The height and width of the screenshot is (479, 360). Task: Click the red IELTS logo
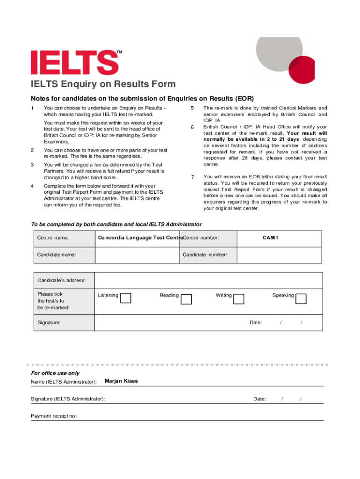pyautogui.click(x=74, y=62)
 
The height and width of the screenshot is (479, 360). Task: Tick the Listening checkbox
pyautogui.click(x=126, y=298)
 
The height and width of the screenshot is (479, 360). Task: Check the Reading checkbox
pyautogui.click(x=186, y=298)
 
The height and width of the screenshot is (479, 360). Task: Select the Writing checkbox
pyautogui.click(x=238, y=298)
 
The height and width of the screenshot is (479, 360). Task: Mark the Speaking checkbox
pyautogui.click(x=301, y=298)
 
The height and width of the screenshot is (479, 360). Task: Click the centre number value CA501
pyautogui.click(x=271, y=238)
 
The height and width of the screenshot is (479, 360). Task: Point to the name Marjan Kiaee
pyautogui.click(x=122, y=381)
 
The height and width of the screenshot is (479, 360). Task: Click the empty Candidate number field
pyautogui.click(x=279, y=255)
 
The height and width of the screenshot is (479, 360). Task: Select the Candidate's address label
pyautogui.click(x=62, y=280)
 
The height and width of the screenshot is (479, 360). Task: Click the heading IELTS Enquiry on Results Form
pyautogui.click(x=103, y=84)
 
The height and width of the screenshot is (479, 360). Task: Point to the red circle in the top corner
pyautogui.click(x=301, y=70)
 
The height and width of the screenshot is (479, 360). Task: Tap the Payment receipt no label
pyautogui.click(x=54, y=416)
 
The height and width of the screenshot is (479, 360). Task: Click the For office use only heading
pyautogui.click(x=55, y=373)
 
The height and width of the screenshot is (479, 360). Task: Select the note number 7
pyautogui.click(x=192, y=177)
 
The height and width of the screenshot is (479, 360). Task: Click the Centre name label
pyautogui.click(x=53, y=238)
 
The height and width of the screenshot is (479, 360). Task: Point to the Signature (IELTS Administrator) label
pyautogui.click(x=68, y=399)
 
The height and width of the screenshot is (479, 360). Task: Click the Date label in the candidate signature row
pyautogui.click(x=256, y=323)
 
